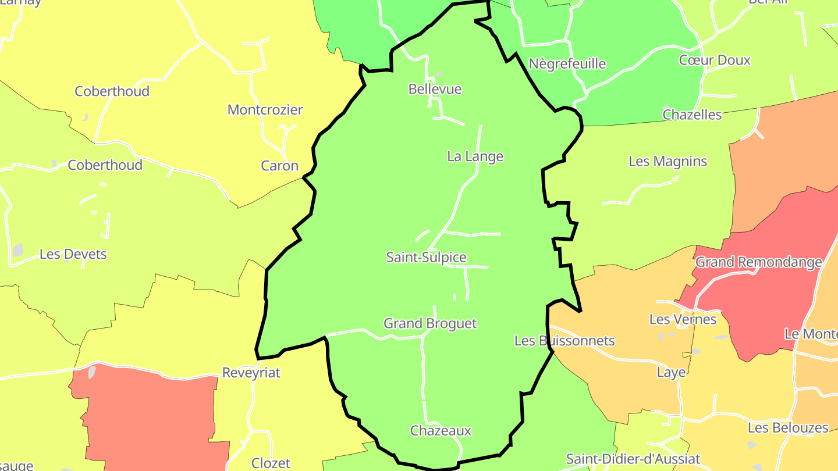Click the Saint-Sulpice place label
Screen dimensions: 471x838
click(x=427, y=257)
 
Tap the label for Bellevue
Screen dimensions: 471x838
click(x=435, y=89)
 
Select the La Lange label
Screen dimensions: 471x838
click(x=475, y=156)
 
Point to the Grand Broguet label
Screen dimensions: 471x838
click(x=430, y=323)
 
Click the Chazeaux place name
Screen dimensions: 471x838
click(x=441, y=431)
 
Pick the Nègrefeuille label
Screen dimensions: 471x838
click(x=567, y=63)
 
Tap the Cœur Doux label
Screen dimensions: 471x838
click(x=715, y=60)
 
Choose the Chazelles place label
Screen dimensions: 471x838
click(x=692, y=115)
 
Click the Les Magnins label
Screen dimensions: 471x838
click(x=667, y=161)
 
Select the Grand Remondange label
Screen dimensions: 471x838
click(x=758, y=262)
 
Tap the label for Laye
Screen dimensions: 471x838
click(x=671, y=372)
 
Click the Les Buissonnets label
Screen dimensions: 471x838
click(x=564, y=341)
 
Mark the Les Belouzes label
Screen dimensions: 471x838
click(x=787, y=428)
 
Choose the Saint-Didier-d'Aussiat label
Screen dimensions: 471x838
click(x=633, y=459)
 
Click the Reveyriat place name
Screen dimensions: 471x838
click(x=251, y=373)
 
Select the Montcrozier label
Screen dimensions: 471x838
click(x=265, y=110)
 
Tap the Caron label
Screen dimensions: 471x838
click(x=279, y=166)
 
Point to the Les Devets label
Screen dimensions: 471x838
click(x=73, y=254)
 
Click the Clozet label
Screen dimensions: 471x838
click(x=271, y=463)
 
